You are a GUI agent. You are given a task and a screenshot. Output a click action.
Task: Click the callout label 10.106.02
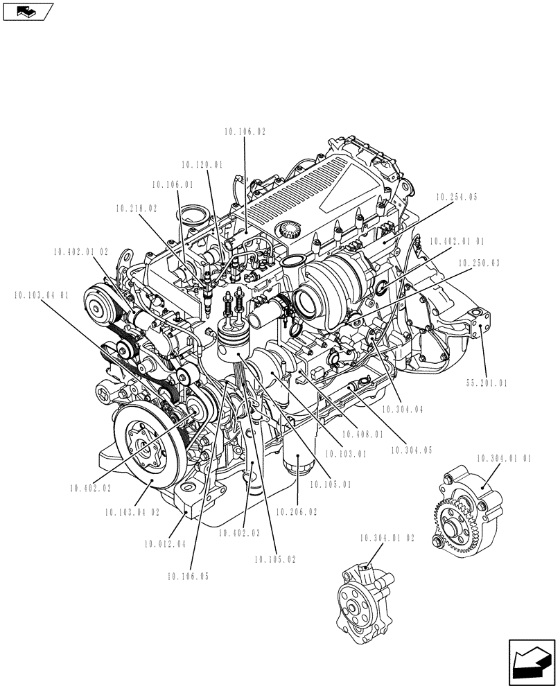point(245,131)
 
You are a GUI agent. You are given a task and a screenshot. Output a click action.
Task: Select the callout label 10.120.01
point(202,165)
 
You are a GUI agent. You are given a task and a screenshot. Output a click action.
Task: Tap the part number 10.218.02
point(137,207)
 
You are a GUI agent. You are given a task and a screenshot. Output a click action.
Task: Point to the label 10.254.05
point(457,198)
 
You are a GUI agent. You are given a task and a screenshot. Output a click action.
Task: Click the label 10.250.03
point(479,263)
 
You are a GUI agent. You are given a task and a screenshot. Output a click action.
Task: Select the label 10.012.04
point(166,543)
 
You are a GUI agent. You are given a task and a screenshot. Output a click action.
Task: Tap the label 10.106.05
point(187,575)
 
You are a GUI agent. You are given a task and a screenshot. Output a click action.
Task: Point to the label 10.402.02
point(90,489)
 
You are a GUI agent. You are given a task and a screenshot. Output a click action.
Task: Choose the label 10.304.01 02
point(387,537)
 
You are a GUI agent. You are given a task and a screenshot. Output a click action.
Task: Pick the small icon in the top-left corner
point(27,10)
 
